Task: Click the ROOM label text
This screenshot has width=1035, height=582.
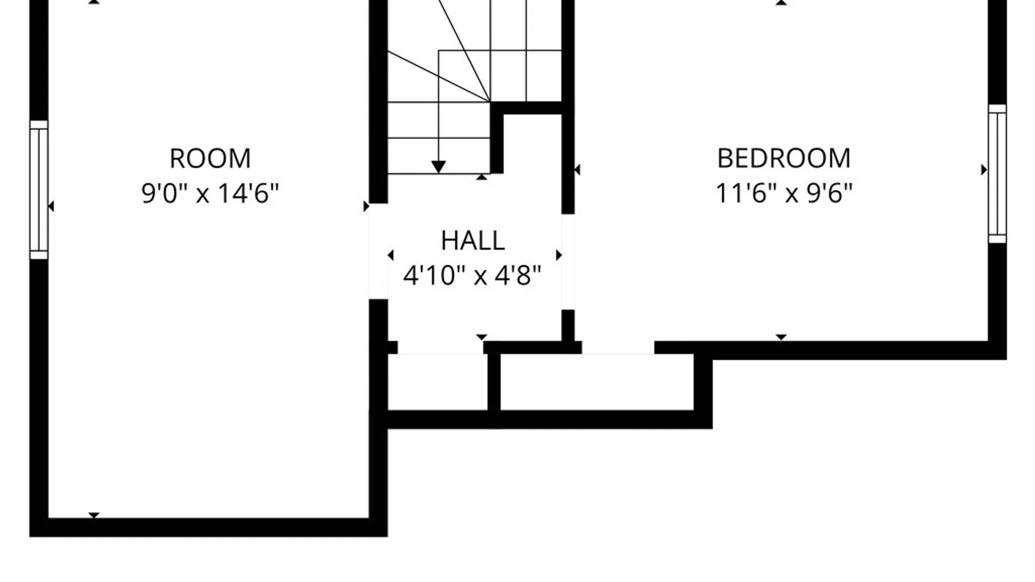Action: click(x=210, y=158)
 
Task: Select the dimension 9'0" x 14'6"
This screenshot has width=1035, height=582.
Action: click(x=210, y=193)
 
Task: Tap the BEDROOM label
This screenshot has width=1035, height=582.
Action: click(x=784, y=158)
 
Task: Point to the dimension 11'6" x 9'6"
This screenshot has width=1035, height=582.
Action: click(x=784, y=193)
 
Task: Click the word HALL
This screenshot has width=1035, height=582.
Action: click(x=473, y=240)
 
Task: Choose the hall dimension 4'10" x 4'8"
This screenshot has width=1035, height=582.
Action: click(x=472, y=275)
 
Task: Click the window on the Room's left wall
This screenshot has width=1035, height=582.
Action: click(x=39, y=190)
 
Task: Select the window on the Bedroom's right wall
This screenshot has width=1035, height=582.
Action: click(x=997, y=174)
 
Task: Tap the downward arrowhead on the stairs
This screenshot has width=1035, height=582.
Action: click(x=438, y=167)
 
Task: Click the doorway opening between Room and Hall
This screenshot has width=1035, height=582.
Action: click(x=378, y=251)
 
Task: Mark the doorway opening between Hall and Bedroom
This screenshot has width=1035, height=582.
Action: click(x=568, y=262)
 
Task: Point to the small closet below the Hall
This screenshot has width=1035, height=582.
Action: click(x=438, y=382)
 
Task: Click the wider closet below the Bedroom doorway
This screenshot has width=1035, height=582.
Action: click(x=597, y=382)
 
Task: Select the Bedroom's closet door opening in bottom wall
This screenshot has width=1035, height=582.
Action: click(x=618, y=348)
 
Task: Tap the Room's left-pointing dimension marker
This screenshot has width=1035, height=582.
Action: click(x=51, y=206)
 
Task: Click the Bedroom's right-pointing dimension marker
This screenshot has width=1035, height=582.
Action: click(x=984, y=170)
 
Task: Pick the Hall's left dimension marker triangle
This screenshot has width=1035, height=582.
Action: click(x=391, y=255)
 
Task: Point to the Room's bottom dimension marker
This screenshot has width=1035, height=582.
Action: click(x=94, y=516)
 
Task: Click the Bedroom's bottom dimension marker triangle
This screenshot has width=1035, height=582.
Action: click(x=781, y=337)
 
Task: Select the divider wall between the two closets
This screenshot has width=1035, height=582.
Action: click(x=494, y=382)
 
